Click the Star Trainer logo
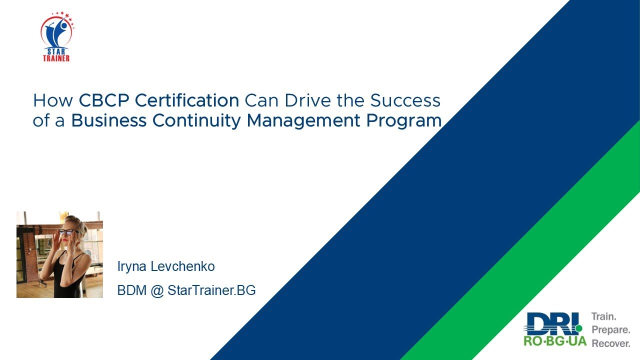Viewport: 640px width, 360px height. pos(56,36)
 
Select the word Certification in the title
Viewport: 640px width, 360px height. pos(186,100)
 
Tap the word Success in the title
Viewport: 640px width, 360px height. pos(405,100)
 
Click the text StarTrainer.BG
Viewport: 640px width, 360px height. pos(211,290)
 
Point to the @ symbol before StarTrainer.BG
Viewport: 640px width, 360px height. pos(157,290)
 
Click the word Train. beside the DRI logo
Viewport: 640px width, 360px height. pos(604,317)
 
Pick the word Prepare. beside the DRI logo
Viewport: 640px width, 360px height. pos(610,330)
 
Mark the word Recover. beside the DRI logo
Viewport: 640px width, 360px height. pos(611,344)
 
